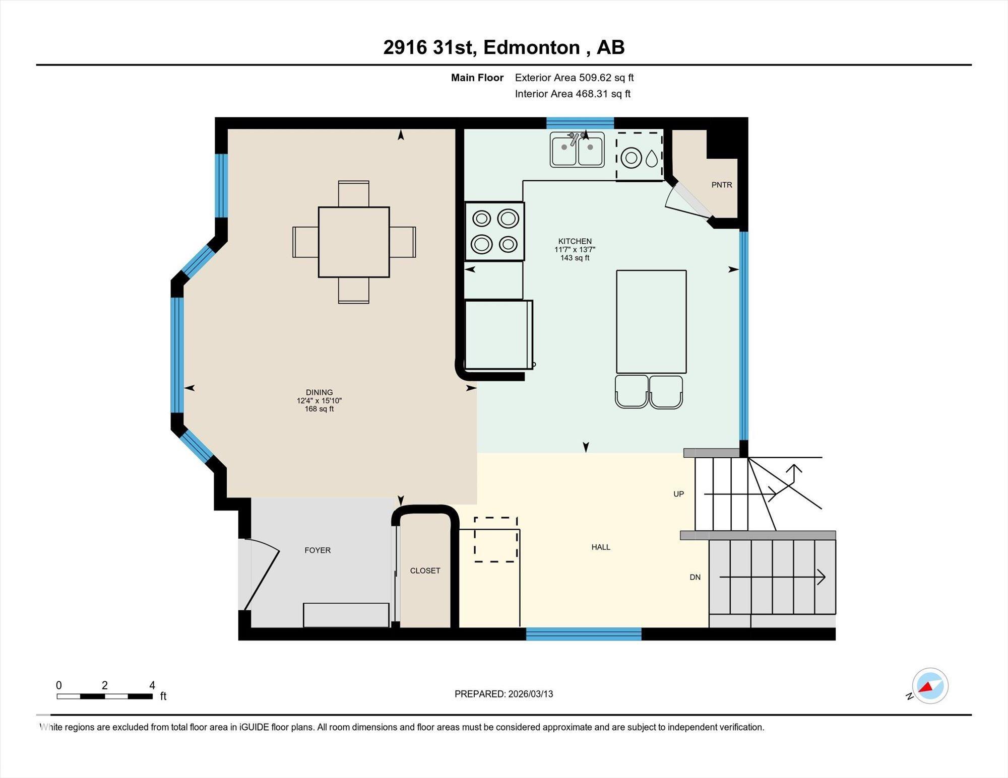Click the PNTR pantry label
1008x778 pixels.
[x=722, y=185]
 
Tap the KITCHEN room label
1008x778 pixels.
[x=575, y=241]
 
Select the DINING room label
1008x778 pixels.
[x=320, y=392]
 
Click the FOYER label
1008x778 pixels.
[x=318, y=550]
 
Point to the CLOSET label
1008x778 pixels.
[x=425, y=571]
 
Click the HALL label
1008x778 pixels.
[x=601, y=547]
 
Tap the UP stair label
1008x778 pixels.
[x=679, y=494]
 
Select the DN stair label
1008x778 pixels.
[x=695, y=577]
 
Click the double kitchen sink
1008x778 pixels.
[x=577, y=150]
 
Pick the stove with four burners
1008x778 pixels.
[x=494, y=232]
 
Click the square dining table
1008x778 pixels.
[x=354, y=242]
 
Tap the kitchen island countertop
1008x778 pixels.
[x=651, y=322]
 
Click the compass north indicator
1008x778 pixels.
[x=929, y=686]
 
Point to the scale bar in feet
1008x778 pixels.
[x=105, y=696]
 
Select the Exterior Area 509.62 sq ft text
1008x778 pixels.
[x=574, y=78]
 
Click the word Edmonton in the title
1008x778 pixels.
[x=532, y=47]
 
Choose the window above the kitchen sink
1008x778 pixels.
[x=580, y=123]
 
